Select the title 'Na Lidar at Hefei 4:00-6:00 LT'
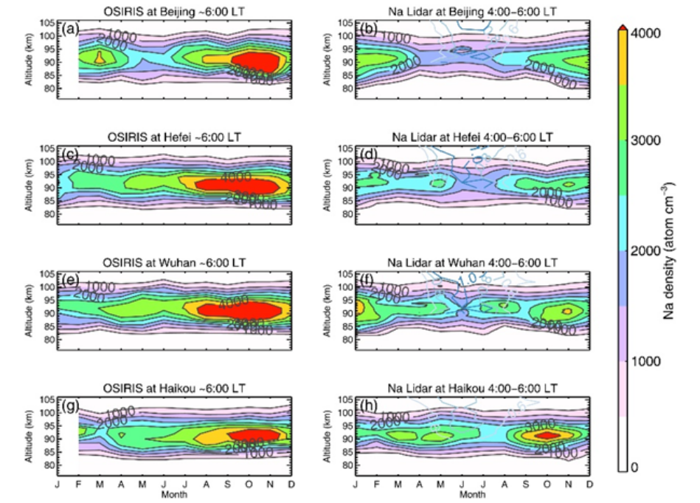[472, 138]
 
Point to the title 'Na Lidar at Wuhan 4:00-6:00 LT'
[472, 263]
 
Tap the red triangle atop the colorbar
[624, 27]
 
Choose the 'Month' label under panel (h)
[472, 493]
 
